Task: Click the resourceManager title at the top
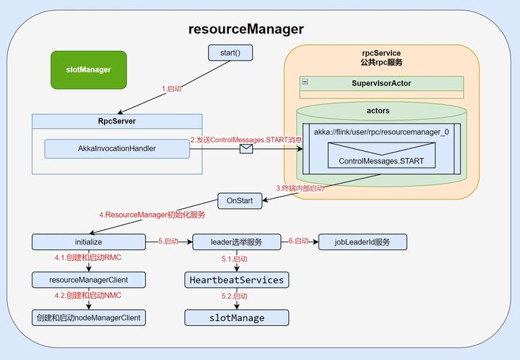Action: [246, 30]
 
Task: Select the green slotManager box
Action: [87, 69]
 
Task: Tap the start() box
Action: [224, 53]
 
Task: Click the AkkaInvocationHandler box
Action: [117, 149]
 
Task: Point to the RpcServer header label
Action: [117, 121]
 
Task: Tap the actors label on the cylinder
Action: [378, 111]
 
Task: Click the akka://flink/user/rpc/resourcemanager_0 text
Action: [381, 132]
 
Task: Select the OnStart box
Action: [240, 201]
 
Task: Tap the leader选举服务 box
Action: [237, 241]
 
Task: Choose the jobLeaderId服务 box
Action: [363, 241]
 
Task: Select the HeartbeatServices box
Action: [237, 280]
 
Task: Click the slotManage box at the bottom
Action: [237, 317]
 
